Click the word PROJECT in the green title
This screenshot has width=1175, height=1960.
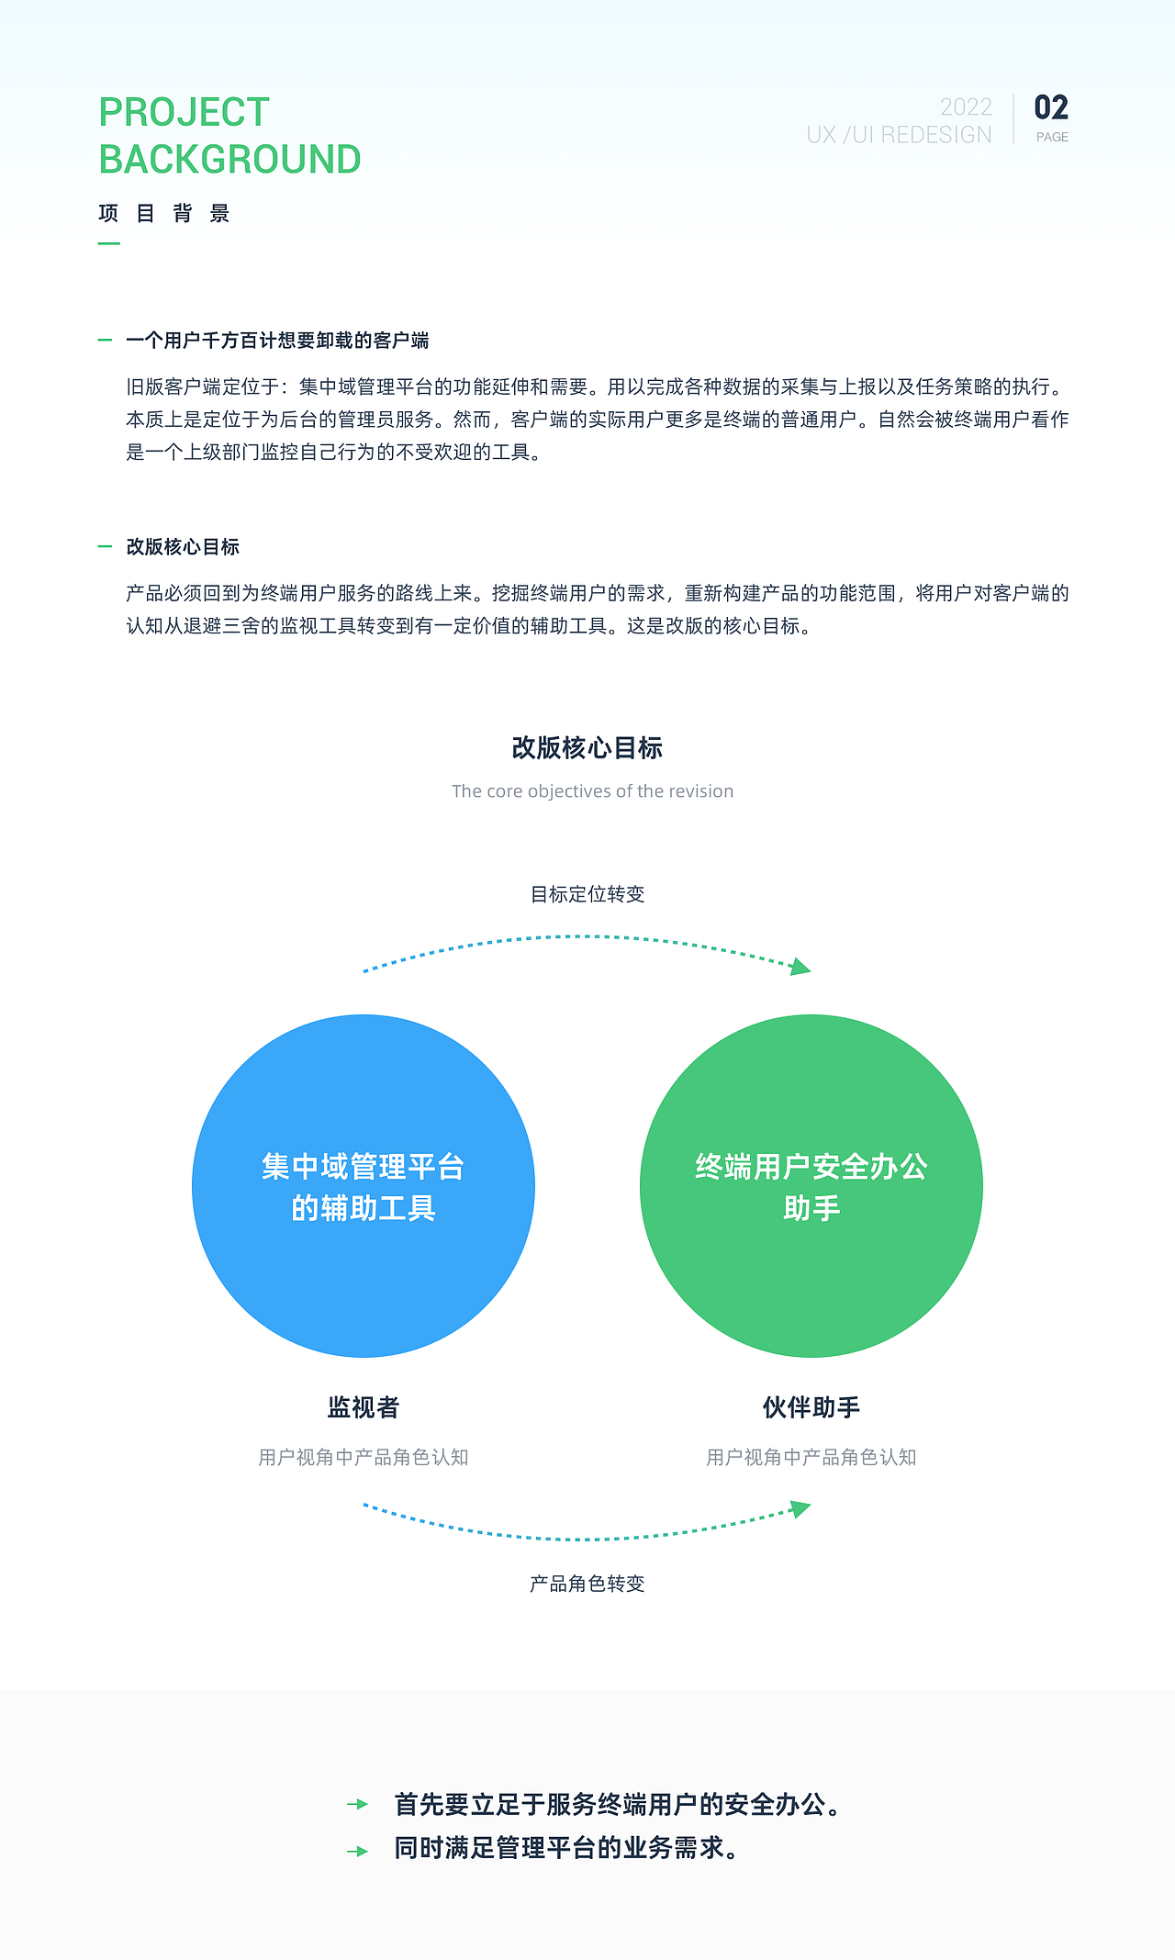click(x=184, y=112)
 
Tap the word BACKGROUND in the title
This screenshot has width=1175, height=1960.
click(x=229, y=160)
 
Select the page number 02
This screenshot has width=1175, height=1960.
click(x=1051, y=107)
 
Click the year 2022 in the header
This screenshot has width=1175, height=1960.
click(x=966, y=107)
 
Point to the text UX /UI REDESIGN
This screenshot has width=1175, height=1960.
click(x=899, y=135)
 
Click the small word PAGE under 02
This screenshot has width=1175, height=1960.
click(x=1052, y=137)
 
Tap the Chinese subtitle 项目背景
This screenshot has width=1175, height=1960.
click(x=164, y=214)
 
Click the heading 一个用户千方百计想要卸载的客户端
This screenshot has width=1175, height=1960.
click(x=277, y=341)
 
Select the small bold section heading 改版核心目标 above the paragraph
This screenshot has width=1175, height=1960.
click(x=183, y=547)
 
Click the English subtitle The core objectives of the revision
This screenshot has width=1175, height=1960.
click(x=592, y=791)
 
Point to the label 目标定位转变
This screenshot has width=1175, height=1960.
click(x=587, y=894)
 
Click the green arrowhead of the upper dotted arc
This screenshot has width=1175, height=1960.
click(x=801, y=966)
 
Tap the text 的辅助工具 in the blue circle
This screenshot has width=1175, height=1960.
click(x=364, y=1208)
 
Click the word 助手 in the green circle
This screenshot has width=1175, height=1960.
click(x=811, y=1208)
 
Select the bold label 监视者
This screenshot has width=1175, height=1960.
click(x=364, y=1407)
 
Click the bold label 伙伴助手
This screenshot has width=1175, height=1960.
click(x=811, y=1407)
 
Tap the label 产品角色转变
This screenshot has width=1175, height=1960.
click(x=587, y=1584)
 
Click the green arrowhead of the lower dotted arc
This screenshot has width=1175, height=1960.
click(x=801, y=1508)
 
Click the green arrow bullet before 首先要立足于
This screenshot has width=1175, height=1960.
click(x=358, y=1805)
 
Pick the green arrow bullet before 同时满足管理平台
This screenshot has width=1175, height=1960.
click(x=358, y=1852)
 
